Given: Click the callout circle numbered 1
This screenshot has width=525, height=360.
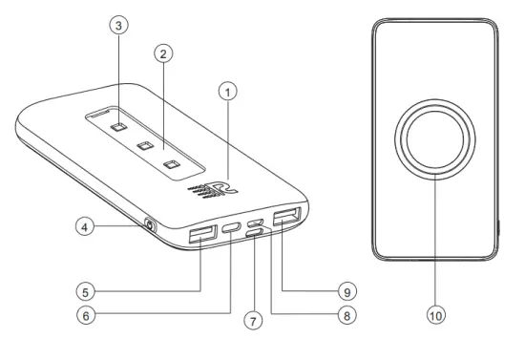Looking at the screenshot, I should (225, 93).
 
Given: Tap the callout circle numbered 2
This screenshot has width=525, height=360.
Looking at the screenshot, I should (164, 53).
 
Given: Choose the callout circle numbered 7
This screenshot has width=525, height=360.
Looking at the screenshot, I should (253, 321).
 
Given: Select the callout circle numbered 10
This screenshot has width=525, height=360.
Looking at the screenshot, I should (436, 311).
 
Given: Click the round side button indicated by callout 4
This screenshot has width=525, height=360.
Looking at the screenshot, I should (149, 226).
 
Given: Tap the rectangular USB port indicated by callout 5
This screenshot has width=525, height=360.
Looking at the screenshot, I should (202, 234).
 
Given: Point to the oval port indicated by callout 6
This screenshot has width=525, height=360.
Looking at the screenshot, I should (232, 230).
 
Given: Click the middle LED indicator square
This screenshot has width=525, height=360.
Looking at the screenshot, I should (145, 146).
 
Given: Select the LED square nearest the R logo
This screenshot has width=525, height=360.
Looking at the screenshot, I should (171, 164).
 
